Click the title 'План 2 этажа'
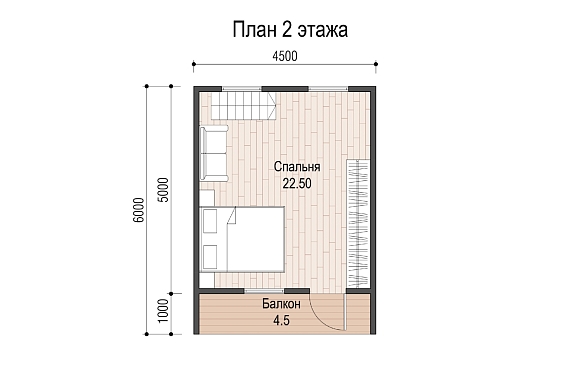(290, 30)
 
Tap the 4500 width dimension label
(285, 56)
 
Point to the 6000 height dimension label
(138, 210)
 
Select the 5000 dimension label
(163, 190)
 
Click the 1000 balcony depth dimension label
(163, 311)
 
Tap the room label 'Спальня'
(297, 167)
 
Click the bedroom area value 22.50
(296, 183)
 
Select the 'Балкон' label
(281, 304)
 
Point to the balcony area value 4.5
(281, 320)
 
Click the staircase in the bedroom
(244, 106)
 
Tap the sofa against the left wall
(214, 154)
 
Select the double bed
(242, 239)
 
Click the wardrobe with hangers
(358, 223)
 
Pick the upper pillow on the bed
(210, 221)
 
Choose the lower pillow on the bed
(210, 257)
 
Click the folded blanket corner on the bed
(232, 216)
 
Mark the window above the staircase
(242, 89)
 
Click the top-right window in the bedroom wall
(328, 89)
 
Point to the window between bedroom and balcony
(264, 290)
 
